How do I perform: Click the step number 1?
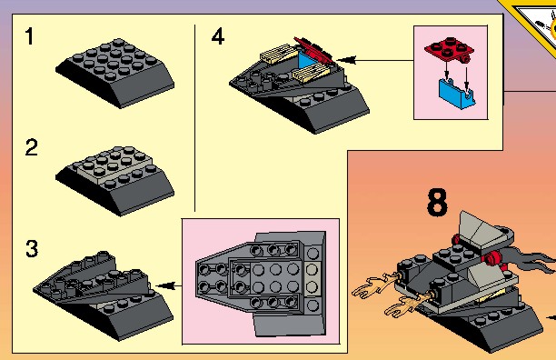pos(29,36)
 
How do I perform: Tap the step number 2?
pos(31,147)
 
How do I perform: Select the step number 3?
pos(32,248)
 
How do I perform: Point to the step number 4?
pos(218,36)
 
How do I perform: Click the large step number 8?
pos(437,202)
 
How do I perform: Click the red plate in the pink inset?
pos(450,50)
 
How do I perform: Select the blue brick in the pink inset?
pos(457,94)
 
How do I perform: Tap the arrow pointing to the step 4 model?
pos(375,60)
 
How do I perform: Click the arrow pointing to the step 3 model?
pos(169,285)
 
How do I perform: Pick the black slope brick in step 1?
pos(114,73)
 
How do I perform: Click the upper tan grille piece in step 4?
pos(278,54)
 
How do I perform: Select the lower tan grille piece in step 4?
pos(312,73)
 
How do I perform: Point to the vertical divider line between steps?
pos(194,118)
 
